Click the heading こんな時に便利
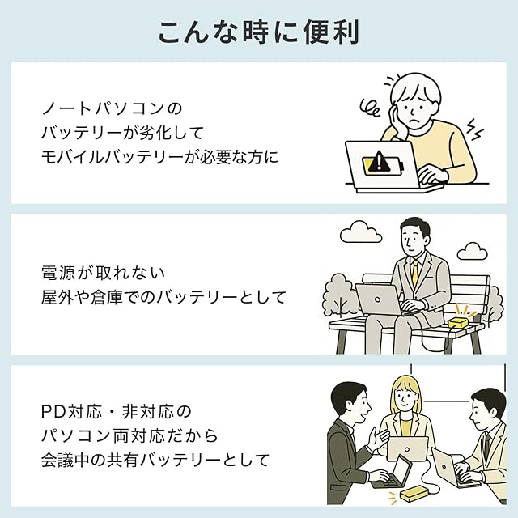point(258,32)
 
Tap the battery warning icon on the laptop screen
point(377,162)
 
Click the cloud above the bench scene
point(360,233)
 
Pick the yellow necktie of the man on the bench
point(414,274)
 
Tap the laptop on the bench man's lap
point(379,298)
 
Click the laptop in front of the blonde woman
point(407,448)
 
